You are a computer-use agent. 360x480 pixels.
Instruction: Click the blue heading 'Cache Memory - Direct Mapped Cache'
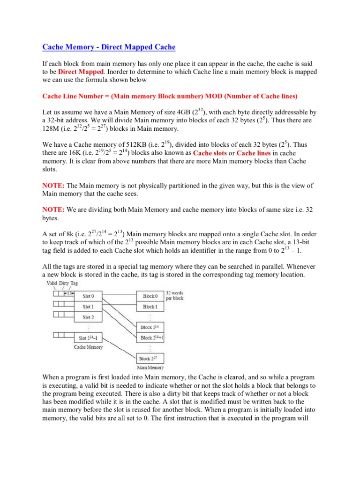(109, 47)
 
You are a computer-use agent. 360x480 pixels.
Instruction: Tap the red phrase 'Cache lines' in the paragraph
(254, 153)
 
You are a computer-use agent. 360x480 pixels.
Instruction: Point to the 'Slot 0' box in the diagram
(89, 296)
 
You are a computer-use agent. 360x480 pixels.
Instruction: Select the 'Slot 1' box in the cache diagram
(89, 307)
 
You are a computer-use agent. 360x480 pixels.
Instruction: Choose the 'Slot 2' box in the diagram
(89, 317)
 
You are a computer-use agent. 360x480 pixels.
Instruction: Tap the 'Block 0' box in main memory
(150, 296)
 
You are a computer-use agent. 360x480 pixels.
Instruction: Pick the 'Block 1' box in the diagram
(150, 307)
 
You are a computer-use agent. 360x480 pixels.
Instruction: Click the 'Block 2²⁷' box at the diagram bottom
(150, 358)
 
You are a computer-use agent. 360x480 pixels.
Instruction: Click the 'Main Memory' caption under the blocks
(150, 368)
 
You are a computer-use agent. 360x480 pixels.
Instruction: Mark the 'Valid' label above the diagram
(52, 284)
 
